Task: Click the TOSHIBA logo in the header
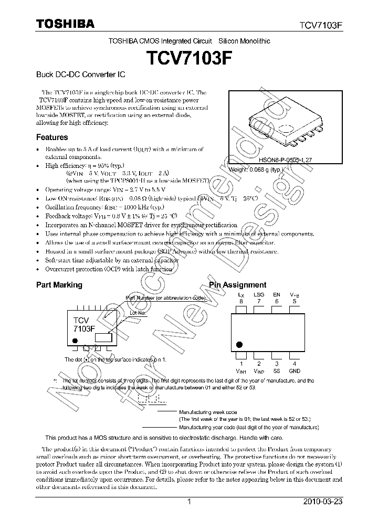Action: (x=65, y=24)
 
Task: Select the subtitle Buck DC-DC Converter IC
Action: (x=74, y=75)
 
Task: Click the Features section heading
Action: (x=52, y=137)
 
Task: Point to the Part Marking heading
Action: (x=59, y=285)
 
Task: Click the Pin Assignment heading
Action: (x=238, y=285)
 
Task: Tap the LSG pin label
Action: (x=259, y=295)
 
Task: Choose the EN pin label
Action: (x=277, y=295)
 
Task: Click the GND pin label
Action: (x=295, y=370)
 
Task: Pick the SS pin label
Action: (x=277, y=370)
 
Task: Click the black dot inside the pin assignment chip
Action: (x=240, y=344)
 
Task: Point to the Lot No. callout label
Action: (x=138, y=312)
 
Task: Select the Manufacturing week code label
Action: (x=208, y=413)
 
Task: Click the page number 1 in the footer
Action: (x=189, y=502)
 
